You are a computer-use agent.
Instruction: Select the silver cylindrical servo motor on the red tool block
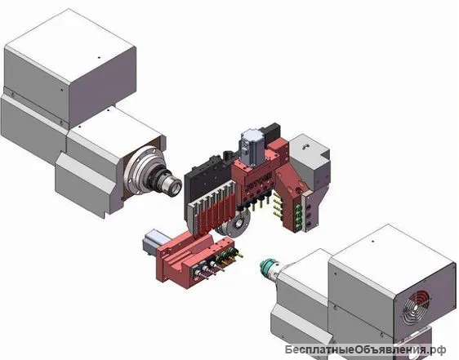pyautogui.click(x=252, y=145)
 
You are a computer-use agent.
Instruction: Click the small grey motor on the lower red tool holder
pyautogui.click(x=153, y=241)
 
